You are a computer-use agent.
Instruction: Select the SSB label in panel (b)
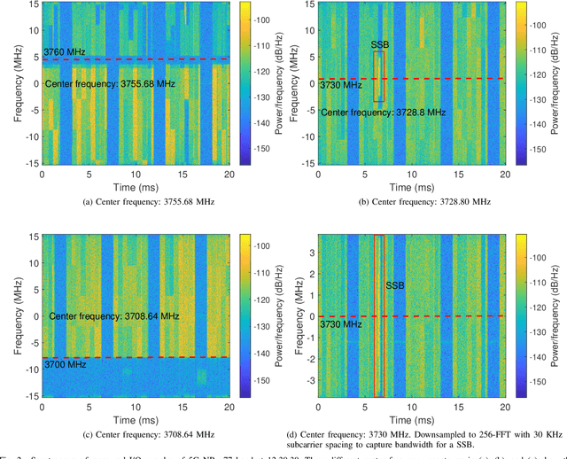(378, 43)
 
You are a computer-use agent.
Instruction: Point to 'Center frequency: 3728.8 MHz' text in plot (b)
(383, 113)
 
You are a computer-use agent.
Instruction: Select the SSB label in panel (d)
(394, 285)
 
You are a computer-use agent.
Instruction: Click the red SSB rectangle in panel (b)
(379, 76)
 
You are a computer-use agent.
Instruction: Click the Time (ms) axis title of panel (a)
(136, 188)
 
